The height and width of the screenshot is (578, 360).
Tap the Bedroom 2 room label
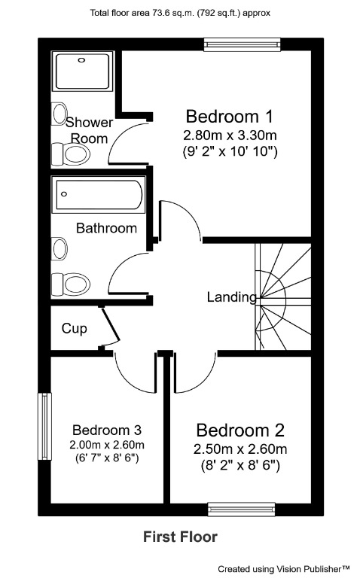click(240, 430)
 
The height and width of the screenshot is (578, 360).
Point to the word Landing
click(231, 297)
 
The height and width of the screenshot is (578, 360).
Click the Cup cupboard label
click(74, 328)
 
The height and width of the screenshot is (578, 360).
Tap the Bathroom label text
click(106, 227)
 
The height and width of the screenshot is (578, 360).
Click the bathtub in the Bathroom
click(97, 195)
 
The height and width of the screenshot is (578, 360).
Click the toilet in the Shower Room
click(72, 154)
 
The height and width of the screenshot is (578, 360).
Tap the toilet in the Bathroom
click(70, 284)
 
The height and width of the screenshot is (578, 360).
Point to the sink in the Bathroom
click(58, 247)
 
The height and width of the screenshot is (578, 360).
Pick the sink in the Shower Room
click(58, 114)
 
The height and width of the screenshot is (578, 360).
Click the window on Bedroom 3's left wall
click(44, 422)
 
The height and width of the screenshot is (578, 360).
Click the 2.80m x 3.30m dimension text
click(229, 136)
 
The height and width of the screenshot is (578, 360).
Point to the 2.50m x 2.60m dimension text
click(240, 449)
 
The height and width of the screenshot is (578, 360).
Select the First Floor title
click(180, 537)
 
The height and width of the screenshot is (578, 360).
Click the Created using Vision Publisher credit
click(285, 569)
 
